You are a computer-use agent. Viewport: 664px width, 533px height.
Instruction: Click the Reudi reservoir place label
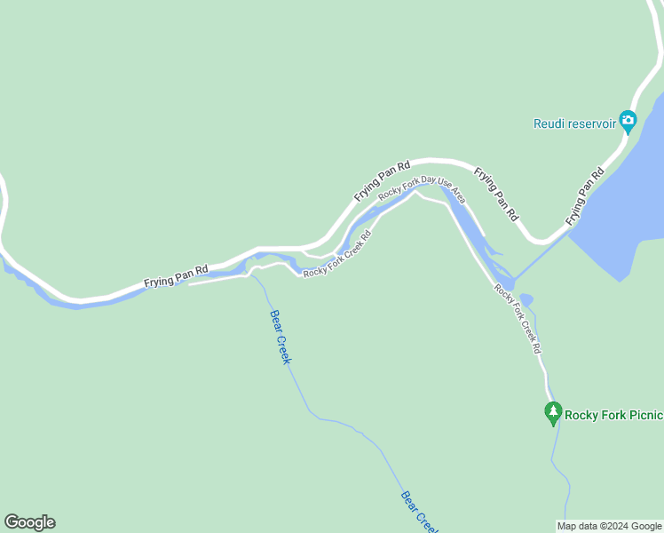click(x=575, y=123)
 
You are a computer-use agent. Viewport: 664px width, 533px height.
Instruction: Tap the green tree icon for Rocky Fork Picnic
click(x=553, y=412)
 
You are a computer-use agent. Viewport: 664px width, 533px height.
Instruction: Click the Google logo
click(x=29, y=522)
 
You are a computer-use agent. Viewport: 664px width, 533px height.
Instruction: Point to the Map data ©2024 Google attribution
click(x=610, y=526)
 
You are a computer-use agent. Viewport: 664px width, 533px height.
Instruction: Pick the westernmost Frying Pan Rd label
click(x=176, y=276)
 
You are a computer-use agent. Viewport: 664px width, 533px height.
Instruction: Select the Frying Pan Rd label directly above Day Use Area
click(x=383, y=179)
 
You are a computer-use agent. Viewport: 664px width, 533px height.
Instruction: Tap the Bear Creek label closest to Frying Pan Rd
click(x=281, y=336)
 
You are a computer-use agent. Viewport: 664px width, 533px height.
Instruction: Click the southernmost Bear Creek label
click(x=420, y=512)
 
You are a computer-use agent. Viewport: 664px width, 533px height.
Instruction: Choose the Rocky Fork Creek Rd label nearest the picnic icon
click(x=518, y=318)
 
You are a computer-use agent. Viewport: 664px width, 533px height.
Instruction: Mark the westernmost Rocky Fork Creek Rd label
click(x=336, y=254)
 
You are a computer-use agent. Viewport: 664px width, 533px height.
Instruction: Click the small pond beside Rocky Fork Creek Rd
click(x=526, y=299)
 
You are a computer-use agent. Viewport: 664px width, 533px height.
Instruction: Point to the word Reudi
click(x=550, y=123)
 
